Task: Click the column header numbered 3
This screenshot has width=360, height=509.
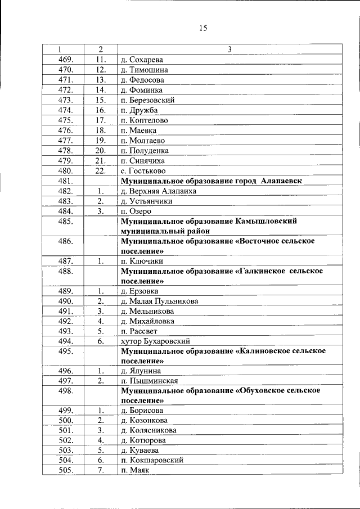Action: [x=229, y=49]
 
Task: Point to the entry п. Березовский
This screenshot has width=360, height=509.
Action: [x=147, y=100]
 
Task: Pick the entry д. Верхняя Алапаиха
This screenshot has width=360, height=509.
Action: [x=157, y=191]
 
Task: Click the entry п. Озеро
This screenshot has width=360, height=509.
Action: [x=134, y=211]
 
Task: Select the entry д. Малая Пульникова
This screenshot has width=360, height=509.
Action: [x=159, y=301]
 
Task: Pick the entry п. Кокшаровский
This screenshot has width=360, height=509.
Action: [x=151, y=460]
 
